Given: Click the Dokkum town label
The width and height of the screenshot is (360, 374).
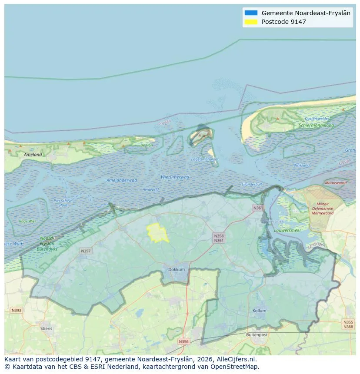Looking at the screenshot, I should (177, 269).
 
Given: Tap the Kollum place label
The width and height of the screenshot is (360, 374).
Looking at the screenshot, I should (259, 311).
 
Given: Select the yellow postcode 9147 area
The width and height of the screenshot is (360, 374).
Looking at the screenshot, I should (157, 233).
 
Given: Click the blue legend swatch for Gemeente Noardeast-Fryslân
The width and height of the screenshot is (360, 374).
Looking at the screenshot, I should (251, 13).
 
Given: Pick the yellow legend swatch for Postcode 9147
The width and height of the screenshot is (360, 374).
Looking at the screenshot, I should (251, 22).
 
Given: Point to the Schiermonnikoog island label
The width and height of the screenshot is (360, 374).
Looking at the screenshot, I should (316, 125).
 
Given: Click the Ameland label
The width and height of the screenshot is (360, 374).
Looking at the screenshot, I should (33, 154).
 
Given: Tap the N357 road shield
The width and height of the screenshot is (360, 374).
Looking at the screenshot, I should (86, 251).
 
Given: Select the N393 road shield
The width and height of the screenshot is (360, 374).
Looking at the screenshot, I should (16, 310).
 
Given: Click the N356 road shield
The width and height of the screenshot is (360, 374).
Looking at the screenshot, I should (183, 341).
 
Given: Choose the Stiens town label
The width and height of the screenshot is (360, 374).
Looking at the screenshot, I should (46, 328).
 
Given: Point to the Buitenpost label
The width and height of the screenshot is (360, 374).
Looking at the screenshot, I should (256, 335).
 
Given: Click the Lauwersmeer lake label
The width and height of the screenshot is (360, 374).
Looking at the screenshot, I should (288, 230).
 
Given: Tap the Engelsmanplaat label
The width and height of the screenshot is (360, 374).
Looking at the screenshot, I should (205, 159).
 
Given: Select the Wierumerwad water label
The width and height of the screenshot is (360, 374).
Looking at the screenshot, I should (175, 177).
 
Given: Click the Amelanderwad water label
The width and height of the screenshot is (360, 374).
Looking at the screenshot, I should (121, 180).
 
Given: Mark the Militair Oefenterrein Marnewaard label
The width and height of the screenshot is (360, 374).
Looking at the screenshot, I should (322, 209).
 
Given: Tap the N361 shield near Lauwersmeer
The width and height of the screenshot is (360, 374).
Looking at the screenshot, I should (258, 208).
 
